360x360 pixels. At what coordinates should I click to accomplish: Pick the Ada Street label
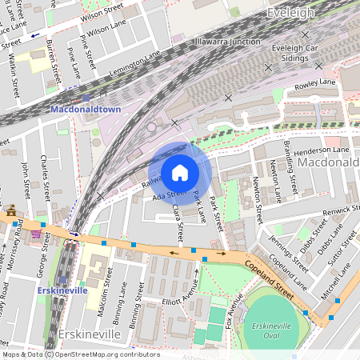coord(170,193)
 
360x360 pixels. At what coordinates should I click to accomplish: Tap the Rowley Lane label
coord(315,82)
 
